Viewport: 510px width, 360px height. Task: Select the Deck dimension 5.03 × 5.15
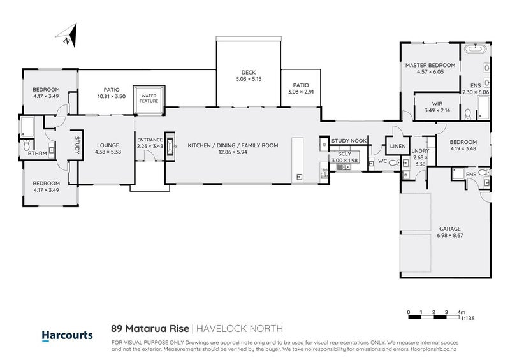(x=248, y=78)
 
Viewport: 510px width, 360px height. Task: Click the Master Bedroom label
(x=430, y=65)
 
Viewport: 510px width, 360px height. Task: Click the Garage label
(x=449, y=228)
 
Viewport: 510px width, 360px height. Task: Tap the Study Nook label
(x=349, y=140)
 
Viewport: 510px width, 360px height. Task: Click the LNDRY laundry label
(x=419, y=150)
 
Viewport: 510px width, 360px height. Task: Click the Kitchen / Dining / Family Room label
(x=233, y=145)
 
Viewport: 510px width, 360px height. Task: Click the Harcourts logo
(x=67, y=335)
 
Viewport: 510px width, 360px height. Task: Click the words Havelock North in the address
(x=239, y=329)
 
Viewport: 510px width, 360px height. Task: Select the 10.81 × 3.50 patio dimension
(x=112, y=96)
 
